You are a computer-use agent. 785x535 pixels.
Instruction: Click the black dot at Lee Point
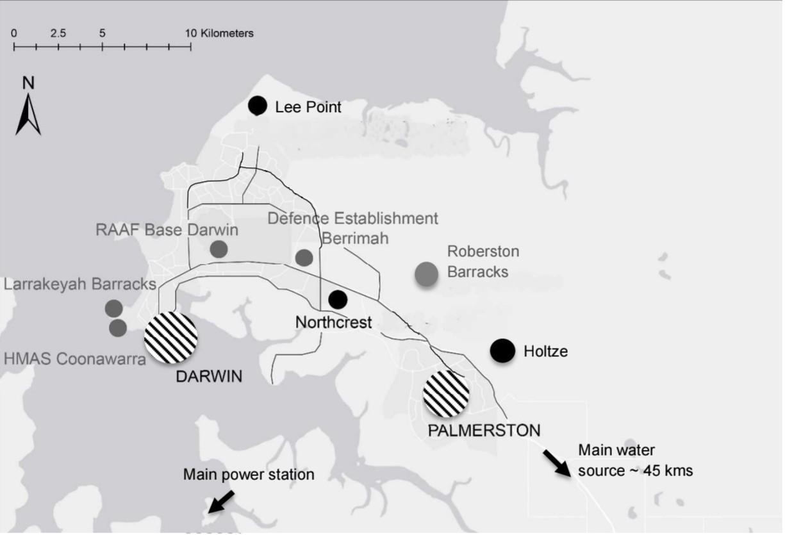(x=258, y=106)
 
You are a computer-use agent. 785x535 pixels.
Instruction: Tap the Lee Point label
(x=308, y=107)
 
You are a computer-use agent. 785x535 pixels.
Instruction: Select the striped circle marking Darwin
(x=170, y=338)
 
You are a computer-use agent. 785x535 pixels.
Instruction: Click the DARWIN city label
(x=209, y=376)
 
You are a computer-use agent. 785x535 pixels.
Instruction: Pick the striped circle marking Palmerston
(x=446, y=393)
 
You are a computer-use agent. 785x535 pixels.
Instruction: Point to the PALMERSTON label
(x=484, y=430)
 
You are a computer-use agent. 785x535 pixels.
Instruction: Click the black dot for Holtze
(x=502, y=350)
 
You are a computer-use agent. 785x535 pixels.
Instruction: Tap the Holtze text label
(x=545, y=351)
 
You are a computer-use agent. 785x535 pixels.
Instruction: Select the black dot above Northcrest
(x=338, y=299)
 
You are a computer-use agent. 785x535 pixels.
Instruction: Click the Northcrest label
(x=333, y=322)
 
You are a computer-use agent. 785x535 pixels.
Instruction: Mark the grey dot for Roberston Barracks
(x=426, y=274)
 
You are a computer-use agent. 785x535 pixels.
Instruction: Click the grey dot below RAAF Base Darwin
(x=219, y=249)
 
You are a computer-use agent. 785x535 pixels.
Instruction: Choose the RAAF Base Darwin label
(x=167, y=230)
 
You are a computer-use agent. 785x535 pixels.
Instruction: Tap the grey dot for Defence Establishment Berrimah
(x=304, y=258)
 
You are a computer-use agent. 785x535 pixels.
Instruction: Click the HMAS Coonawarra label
(x=74, y=359)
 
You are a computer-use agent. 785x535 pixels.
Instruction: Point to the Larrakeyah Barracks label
(x=80, y=283)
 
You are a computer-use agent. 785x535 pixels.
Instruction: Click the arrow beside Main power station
(x=220, y=502)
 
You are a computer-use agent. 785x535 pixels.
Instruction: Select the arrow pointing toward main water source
(x=556, y=463)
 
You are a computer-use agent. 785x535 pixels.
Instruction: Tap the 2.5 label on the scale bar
(x=58, y=33)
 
